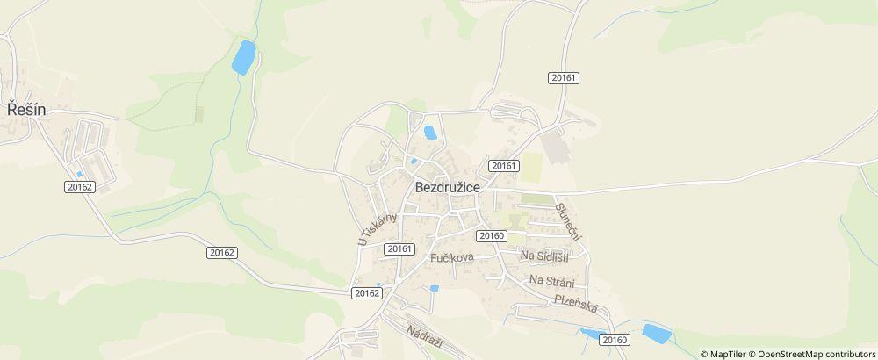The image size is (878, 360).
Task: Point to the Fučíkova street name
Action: [x=452, y=257]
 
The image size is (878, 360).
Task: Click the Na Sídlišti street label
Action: [x=544, y=256]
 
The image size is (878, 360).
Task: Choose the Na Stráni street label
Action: [x=552, y=281]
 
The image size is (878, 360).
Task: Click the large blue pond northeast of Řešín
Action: [x=242, y=57]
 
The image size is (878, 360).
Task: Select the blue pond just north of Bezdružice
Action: [x=430, y=133]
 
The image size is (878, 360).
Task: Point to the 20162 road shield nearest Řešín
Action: [x=79, y=186]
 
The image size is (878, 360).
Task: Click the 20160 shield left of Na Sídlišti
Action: [x=492, y=235]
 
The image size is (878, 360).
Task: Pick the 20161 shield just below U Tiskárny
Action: [x=399, y=248]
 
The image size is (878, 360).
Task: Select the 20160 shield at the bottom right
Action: [x=616, y=340]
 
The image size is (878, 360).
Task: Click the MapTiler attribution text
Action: [x=726, y=354]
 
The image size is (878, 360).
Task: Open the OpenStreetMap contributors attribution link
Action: [x=812, y=354]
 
